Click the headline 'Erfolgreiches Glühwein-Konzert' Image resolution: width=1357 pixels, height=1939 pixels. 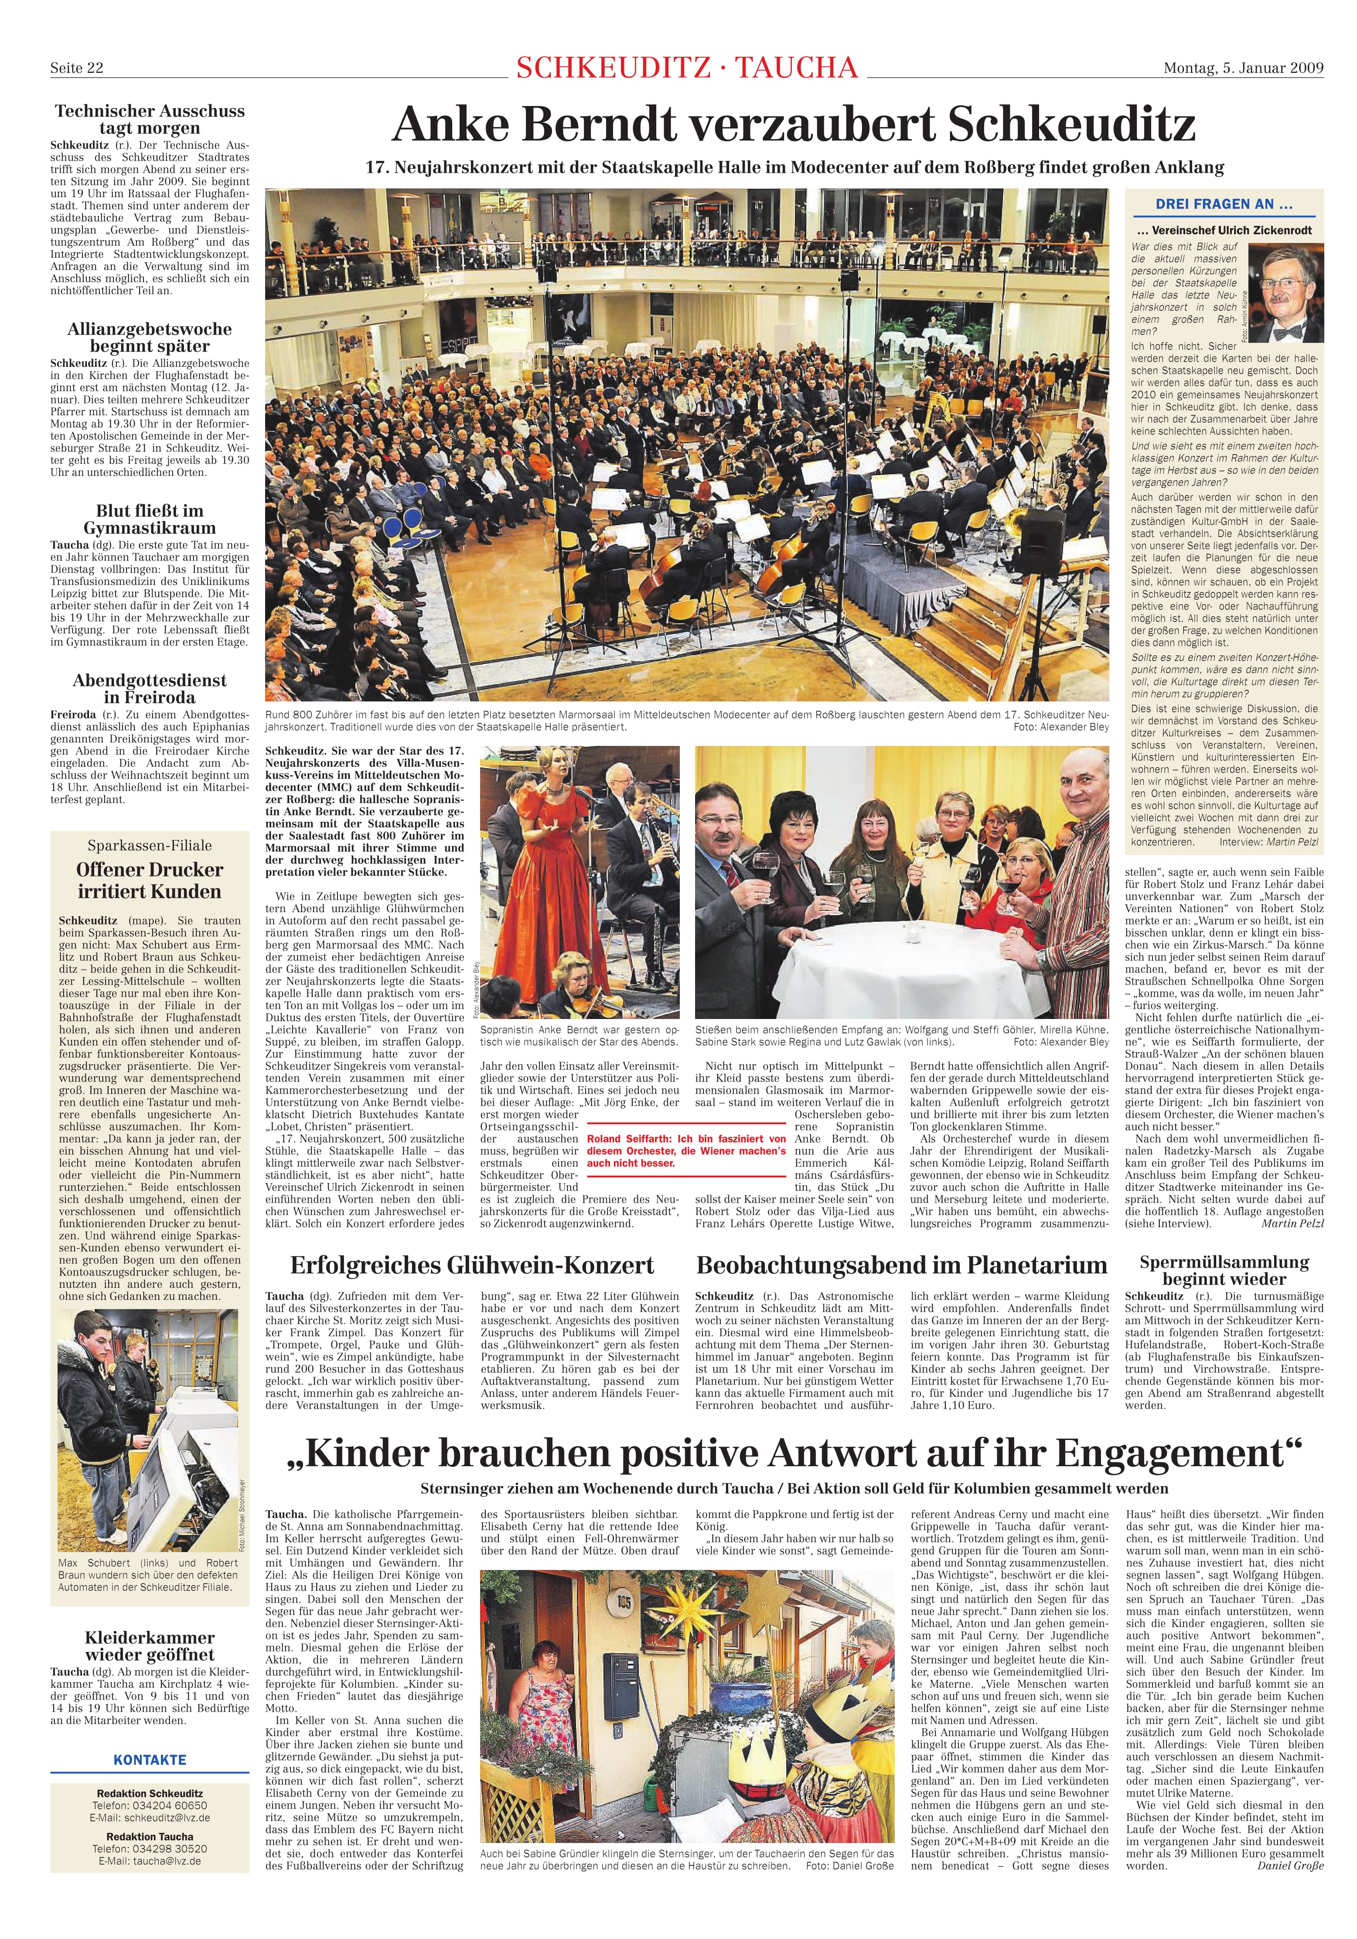tap(472, 1264)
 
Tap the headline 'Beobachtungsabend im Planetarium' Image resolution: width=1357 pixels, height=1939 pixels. tap(901, 1264)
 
